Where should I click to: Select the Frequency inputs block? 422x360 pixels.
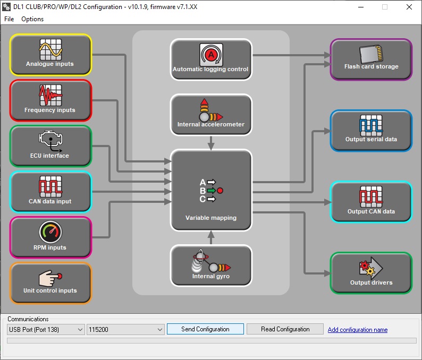pos(50,100)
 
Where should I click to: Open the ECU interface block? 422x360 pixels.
pos(50,146)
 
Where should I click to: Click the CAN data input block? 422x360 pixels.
pos(50,192)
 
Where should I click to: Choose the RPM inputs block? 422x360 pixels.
pos(50,237)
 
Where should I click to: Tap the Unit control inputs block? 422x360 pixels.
pos(50,283)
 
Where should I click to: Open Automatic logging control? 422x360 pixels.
pos(210,59)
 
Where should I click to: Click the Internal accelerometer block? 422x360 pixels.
pos(210,115)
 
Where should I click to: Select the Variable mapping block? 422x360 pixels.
pos(210,190)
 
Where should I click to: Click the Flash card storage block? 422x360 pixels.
pos(371,59)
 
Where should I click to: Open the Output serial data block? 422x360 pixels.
pos(371,131)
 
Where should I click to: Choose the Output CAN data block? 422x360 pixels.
pos(371,202)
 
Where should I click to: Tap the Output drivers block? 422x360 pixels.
pos(371,273)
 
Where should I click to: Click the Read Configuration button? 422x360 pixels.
pos(285,329)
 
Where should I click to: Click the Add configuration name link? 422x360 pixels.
pos(358,330)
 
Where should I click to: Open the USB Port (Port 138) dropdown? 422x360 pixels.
pos(46,330)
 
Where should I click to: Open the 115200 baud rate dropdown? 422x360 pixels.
pos(125,330)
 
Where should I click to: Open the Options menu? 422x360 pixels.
pos(32,19)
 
